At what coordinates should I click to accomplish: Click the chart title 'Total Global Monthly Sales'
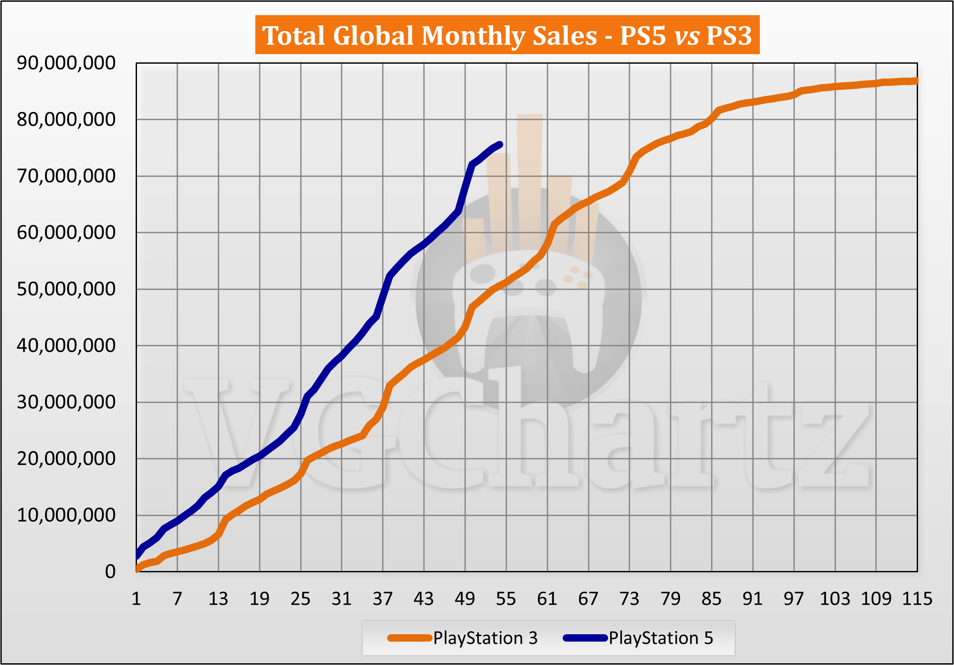pos(429,36)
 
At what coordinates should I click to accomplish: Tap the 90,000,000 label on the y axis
pos(66,63)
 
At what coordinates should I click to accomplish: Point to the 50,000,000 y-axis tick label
pos(66,289)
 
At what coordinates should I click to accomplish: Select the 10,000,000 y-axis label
pos(66,515)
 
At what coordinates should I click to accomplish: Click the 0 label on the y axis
pos(110,572)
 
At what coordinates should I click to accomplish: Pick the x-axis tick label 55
pos(506,599)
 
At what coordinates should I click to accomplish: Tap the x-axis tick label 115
pos(917,599)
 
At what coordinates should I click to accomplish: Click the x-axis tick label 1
pos(136,599)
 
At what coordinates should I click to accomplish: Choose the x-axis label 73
pos(629,599)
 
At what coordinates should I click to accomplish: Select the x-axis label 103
pos(835,599)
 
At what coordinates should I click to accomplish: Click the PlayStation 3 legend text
pos(485,638)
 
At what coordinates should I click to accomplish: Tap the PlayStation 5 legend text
pos(661,638)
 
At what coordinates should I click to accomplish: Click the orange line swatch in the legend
pos(410,638)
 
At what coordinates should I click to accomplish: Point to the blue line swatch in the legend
pos(585,638)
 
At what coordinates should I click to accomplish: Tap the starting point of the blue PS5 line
pos(137,556)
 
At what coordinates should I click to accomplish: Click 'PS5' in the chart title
pos(643,36)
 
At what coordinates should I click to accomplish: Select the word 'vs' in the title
pos(687,36)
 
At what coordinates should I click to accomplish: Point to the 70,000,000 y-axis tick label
pos(66,176)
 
